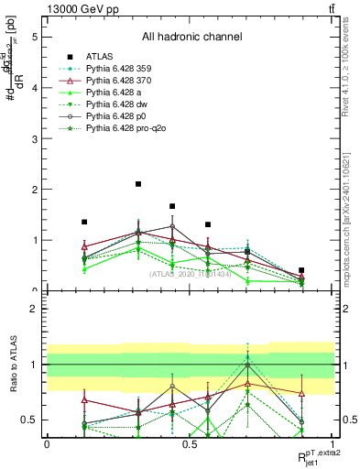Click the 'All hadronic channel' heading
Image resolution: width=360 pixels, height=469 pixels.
tap(191, 38)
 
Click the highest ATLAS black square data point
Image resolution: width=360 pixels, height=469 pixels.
tap(138, 184)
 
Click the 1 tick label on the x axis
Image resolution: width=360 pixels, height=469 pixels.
tap(334, 442)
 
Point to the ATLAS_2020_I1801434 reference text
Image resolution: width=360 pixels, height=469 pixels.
tap(191, 273)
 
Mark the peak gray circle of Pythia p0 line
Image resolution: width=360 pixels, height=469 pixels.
tap(171, 226)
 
